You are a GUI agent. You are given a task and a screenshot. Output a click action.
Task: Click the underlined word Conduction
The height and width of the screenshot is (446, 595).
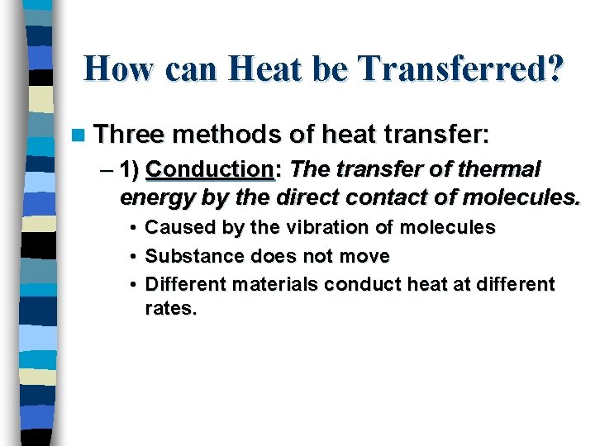[209, 169]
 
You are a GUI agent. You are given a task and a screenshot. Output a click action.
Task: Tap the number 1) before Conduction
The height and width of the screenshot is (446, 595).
[129, 170]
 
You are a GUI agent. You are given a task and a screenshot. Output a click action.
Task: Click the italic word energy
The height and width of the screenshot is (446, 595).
[153, 197]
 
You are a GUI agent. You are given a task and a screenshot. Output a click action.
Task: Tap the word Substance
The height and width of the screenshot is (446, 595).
[189, 256]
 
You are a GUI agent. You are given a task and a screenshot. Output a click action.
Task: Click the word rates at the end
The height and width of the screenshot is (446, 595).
[169, 311]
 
